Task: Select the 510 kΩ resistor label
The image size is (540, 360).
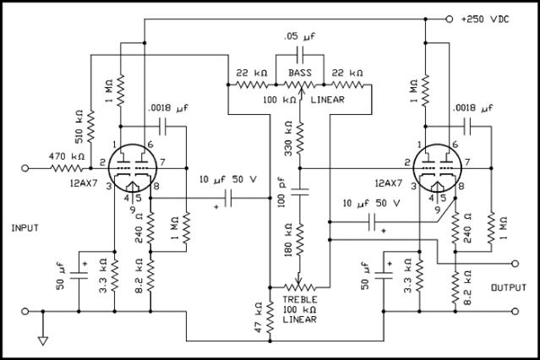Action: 78,131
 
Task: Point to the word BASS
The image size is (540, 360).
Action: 301,74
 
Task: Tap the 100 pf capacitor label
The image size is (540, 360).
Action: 281,200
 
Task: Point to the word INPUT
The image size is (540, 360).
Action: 27,228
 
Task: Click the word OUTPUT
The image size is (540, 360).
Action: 509,288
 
